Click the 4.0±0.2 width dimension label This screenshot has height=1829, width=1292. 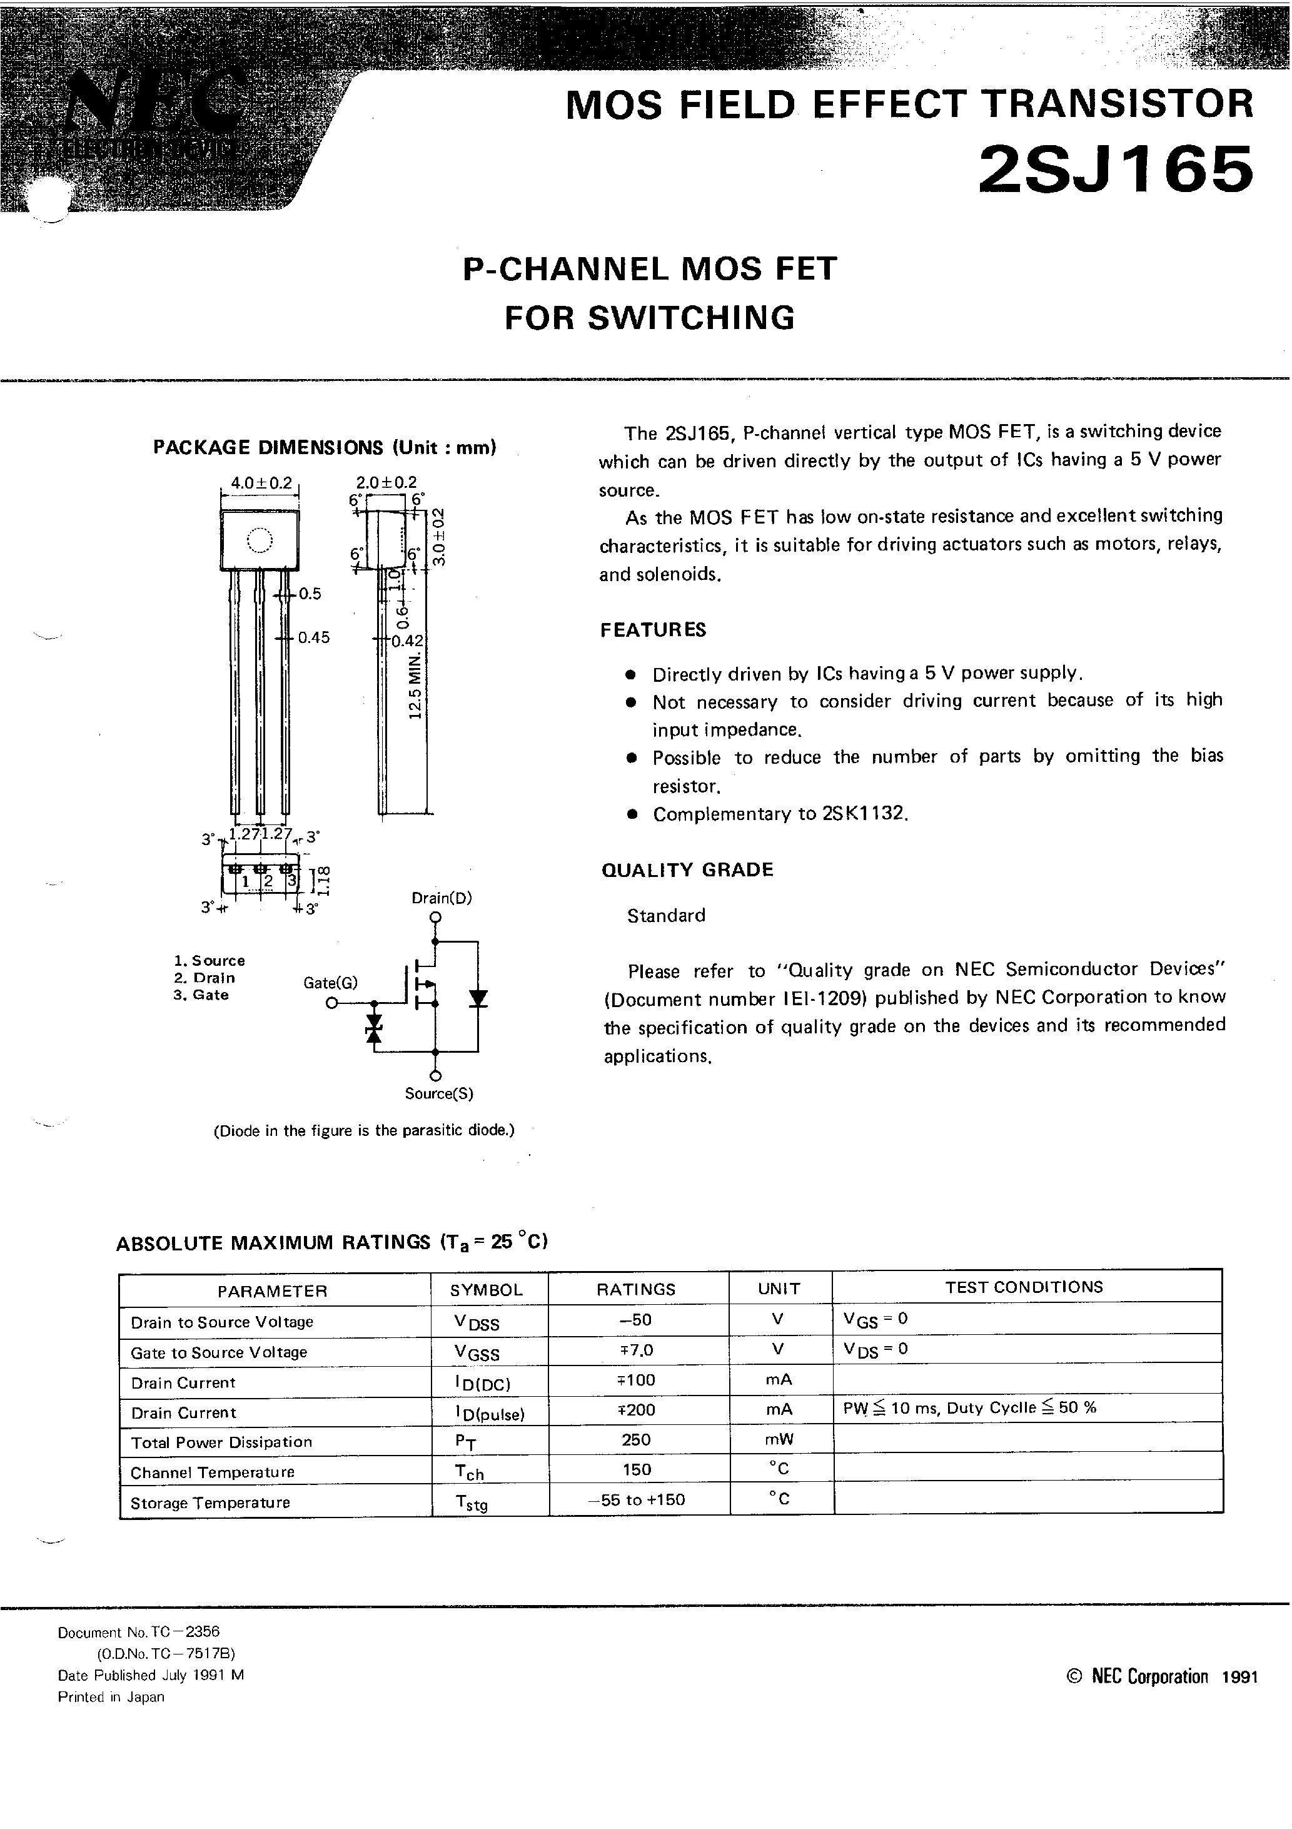coord(261,483)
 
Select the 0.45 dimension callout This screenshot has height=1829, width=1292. coord(314,637)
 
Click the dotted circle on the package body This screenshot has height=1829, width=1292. coord(260,541)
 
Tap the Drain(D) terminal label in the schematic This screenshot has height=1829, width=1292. coord(442,898)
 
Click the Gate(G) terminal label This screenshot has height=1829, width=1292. coord(330,983)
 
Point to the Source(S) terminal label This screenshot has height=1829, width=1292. coord(439,1094)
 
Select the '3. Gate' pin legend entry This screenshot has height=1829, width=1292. coord(201,995)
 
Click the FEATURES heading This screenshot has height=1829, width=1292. coord(652,630)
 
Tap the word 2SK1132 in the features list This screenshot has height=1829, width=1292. coord(864,814)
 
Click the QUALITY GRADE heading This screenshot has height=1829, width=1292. coord(687,870)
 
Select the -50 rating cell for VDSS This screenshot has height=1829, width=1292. coord(635,1320)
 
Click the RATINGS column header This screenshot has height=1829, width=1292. coord(635,1289)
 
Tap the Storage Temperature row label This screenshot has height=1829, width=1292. coord(210,1502)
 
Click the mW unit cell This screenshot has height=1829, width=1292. coord(779,1439)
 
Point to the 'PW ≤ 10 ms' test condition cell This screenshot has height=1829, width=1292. coord(969,1409)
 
